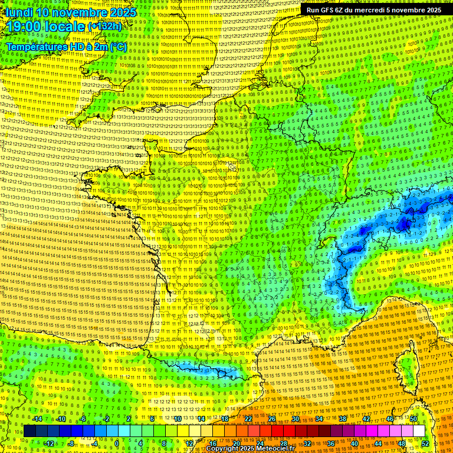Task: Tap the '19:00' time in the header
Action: pyautogui.click(x=24, y=27)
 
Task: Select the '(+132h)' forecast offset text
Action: pyautogui.click(x=105, y=27)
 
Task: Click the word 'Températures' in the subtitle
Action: pyautogui.click(x=37, y=46)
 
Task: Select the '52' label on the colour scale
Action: pyautogui.click(x=425, y=444)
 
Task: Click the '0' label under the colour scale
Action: pyautogui.click(x=117, y=444)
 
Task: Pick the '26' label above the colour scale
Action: pyautogui.click(x=272, y=419)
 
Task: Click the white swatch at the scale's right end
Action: pyautogui.click(x=419, y=431)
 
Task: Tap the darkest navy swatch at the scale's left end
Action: pyautogui.click(x=29, y=431)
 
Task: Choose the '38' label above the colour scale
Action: pyautogui.click(x=342, y=419)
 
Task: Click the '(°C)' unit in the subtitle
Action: pyautogui.click(x=118, y=46)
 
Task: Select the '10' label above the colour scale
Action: pyautogui.click(x=177, y=419)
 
